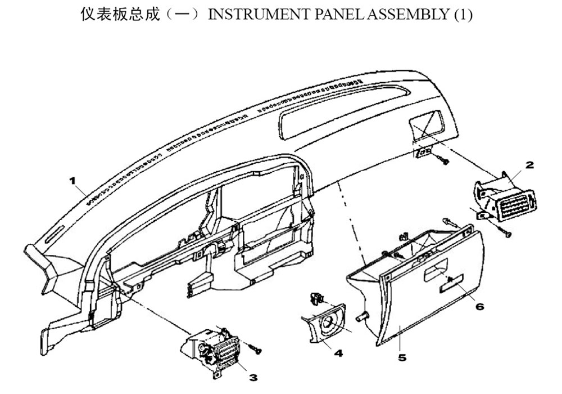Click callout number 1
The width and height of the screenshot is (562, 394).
click(x=72, y=181)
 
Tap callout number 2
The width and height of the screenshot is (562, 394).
click(x=529, y=165)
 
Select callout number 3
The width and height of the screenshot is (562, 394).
click(x=253, y=378)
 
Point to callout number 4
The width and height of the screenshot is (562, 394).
click(x=338, y=353)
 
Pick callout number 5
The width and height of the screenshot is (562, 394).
click(x=402, y=358)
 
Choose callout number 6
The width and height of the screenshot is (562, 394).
click(x=479, y=306)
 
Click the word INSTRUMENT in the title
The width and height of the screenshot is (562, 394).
click(x=259, y=15)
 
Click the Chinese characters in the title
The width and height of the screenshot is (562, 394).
click(x=120, y=15)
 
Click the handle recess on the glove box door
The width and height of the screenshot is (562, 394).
click(x=435, y=273)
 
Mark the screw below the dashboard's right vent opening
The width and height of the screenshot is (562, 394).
click(x=443, y=159)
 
